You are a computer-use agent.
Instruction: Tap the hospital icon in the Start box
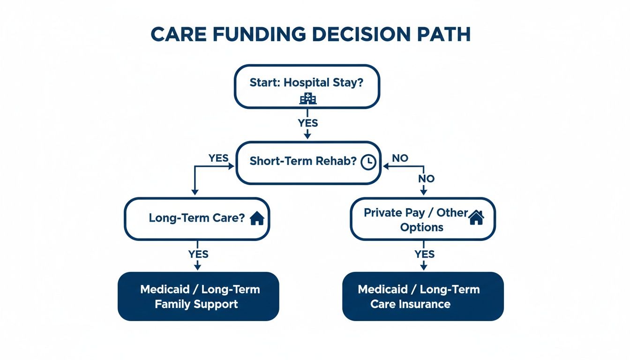[x=307, y=98]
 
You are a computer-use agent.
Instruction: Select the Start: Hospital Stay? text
[x=307, y=82]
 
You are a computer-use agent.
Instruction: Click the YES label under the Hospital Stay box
[x=307, y=123]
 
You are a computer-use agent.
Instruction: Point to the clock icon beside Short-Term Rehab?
[x=368, y=162]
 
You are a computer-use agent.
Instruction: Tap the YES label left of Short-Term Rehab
[x=218, y=158]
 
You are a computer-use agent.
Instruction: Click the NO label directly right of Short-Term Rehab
[x=400, y=158]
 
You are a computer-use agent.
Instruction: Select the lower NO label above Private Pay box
[x=426, y=179]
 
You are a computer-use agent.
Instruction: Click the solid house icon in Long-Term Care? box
[x=257, y=218]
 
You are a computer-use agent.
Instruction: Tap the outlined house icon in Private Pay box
[x=476, y=217]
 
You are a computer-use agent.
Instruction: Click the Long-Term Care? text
[x=196, y=218]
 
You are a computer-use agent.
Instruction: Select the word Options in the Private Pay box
[x=421, y=228]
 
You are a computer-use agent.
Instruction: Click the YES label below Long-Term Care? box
[x=198, y=254]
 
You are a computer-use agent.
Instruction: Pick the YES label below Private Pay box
[x=424, y=254]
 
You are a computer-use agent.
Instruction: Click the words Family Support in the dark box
[x=196, y=304]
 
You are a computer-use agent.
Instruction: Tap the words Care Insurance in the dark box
[x=410, y=304]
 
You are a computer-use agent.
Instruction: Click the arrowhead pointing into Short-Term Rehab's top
[x=307, y=136]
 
